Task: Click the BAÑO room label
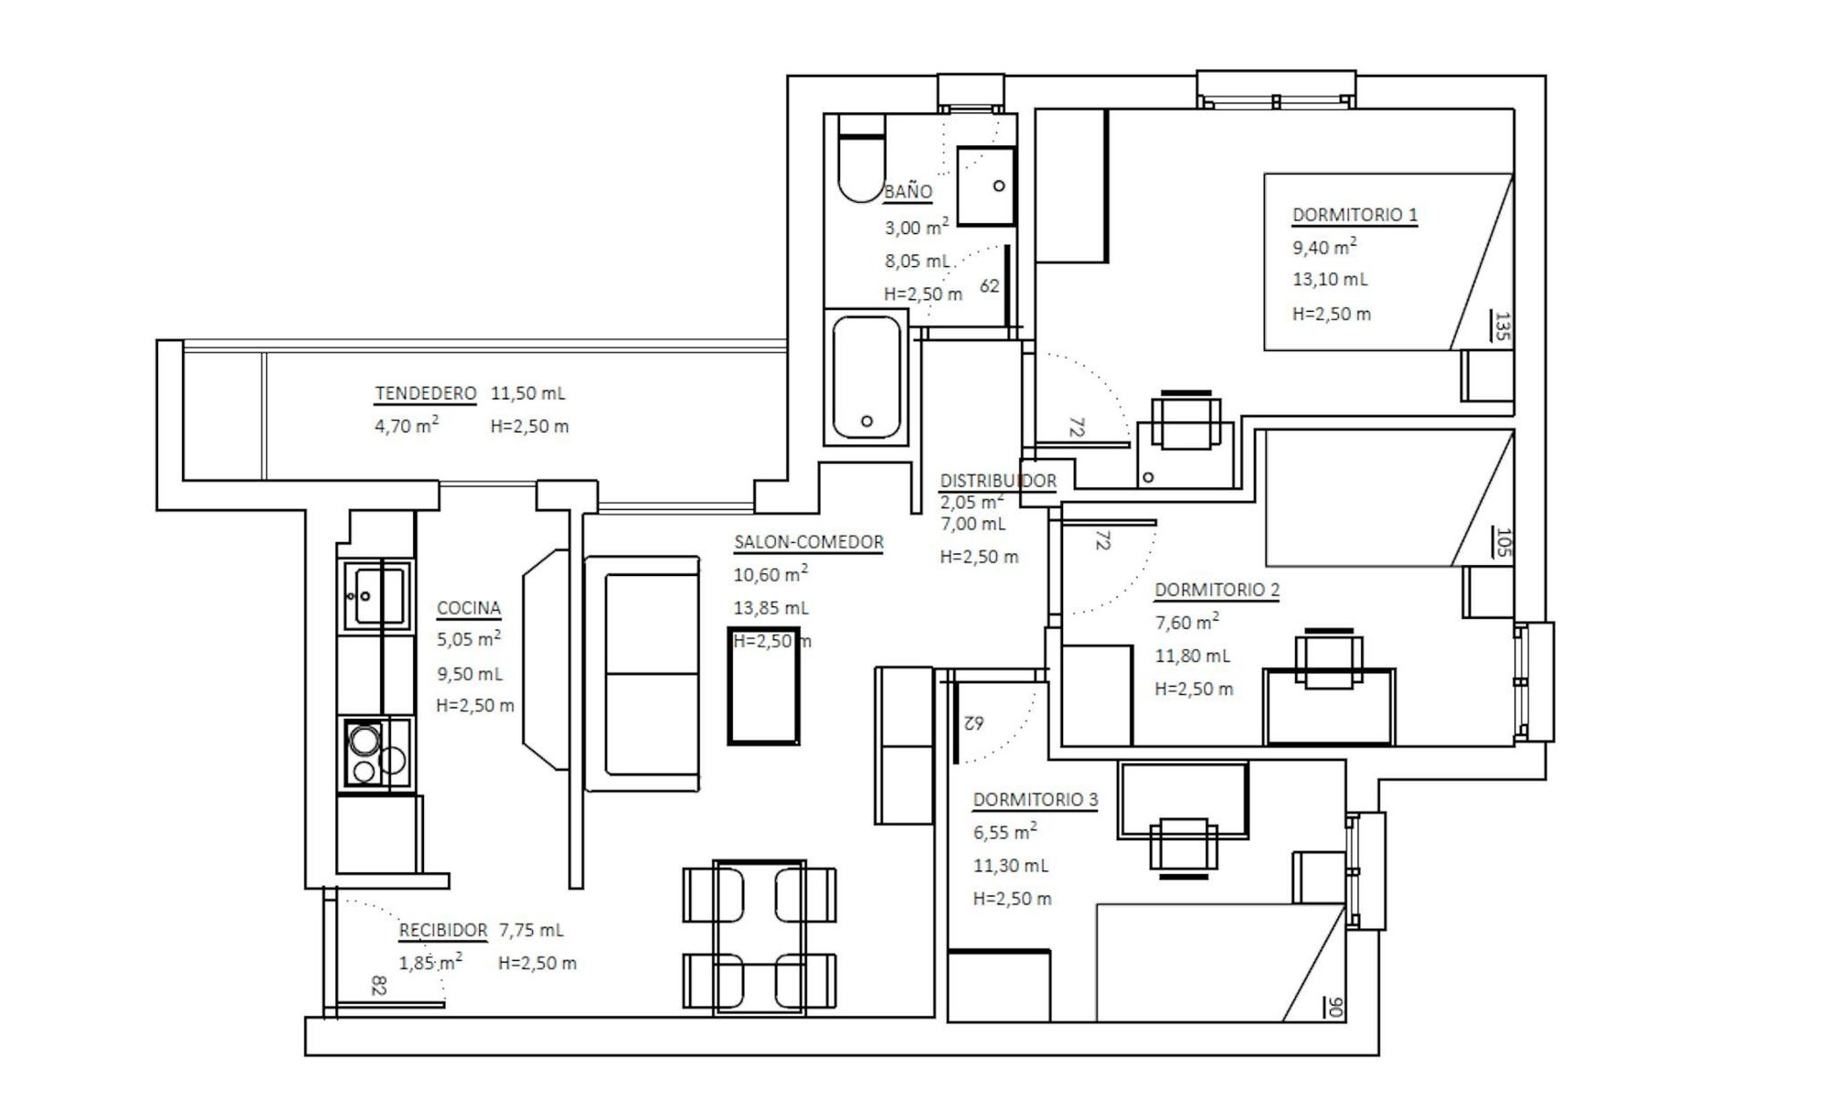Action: coord(908,192)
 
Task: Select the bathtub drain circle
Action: coord(866,422)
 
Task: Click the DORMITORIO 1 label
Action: coord(1355,215)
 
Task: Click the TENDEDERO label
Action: coord(426,393)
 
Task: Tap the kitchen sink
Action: coord(376,595)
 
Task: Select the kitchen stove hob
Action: coord(376,752)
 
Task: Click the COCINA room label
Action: coord(469,608)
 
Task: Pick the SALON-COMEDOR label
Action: coord(809,542)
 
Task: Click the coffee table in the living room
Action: coord(763,686)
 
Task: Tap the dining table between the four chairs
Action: coord(760,937)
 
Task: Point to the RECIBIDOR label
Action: coord(443,931)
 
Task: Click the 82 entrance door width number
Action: coord(379,985)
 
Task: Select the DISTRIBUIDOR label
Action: coord(998,481)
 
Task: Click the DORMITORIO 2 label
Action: coord(1217,590)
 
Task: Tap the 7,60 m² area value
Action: coord(1186,623)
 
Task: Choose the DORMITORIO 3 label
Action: coord(1035,800)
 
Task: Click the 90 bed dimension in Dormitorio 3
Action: coord(1334,1008)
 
